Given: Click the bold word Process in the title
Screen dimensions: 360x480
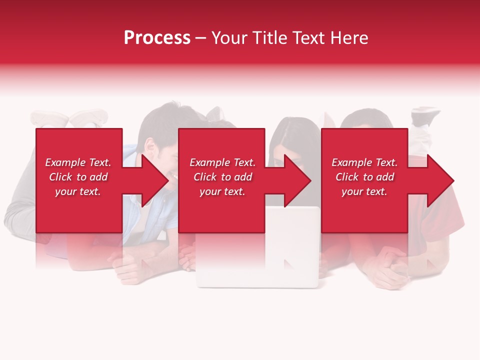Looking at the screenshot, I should click(157, 38).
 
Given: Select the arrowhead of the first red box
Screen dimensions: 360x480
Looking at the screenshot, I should click(155, 180).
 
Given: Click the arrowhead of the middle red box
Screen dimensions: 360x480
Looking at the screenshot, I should click(297, 180).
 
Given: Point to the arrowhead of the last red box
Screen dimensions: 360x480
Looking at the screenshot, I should click(440, 180).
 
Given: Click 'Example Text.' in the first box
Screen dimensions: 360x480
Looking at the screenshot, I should click(78, 162).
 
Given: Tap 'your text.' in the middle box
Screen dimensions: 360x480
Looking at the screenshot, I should click(222, 191).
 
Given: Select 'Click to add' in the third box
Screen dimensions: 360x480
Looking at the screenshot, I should click(364, 177).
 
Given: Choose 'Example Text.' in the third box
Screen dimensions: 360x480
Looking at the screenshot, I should click(364, 162).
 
